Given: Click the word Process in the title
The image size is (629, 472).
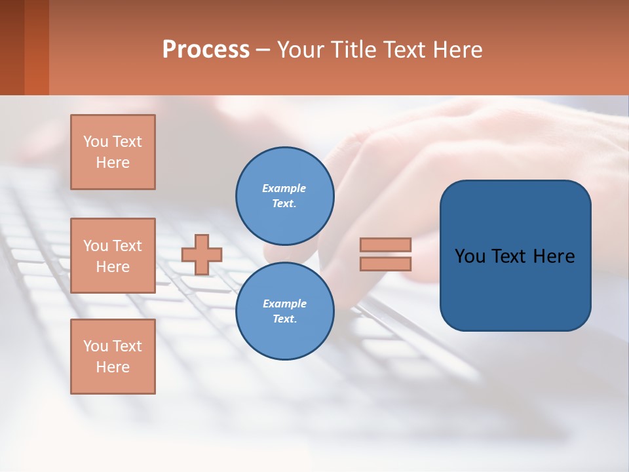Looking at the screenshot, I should click(206, 50).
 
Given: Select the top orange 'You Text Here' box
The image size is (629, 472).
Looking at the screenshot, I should click(113, 152).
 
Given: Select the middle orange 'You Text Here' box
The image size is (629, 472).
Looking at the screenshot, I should click(113, 256).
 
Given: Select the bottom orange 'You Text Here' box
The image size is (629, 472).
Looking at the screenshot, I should click(113, 357).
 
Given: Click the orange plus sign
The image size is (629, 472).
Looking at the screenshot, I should click(202, 254).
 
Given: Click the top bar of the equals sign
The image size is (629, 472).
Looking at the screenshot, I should click(386, 245).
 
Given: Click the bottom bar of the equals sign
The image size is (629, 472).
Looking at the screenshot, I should click(386, 264).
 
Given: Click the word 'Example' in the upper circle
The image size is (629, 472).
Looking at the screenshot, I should click(284, 188).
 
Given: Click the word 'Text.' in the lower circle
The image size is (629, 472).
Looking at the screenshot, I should click(284, 319).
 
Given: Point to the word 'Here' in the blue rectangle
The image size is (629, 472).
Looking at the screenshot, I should click(554, 256).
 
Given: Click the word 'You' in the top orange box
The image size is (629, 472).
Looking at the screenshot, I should click(96, 142).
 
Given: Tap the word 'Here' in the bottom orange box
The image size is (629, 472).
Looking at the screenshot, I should click(113, 367).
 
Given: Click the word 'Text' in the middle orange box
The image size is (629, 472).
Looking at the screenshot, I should click(126, 246).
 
